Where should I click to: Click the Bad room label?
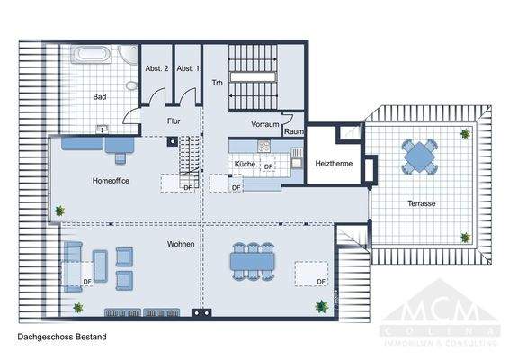[x=101, y=95]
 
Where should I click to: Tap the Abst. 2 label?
[x=156, y=69]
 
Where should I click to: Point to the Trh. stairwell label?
[x=217, y=83]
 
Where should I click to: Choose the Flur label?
[x=174, y=121]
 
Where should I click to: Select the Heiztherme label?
[x=333, y=165]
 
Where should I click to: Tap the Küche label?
[x=245, y=166]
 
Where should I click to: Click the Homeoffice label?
[x=112, y=181]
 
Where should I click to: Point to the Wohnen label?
[x=180, y=244]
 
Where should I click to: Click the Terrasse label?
[x=420, y=204]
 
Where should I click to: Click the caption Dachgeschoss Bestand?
[x=62, y=337]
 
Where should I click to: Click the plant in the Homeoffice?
[x=60, y=211]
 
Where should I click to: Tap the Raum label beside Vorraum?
[x=293, y=131]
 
